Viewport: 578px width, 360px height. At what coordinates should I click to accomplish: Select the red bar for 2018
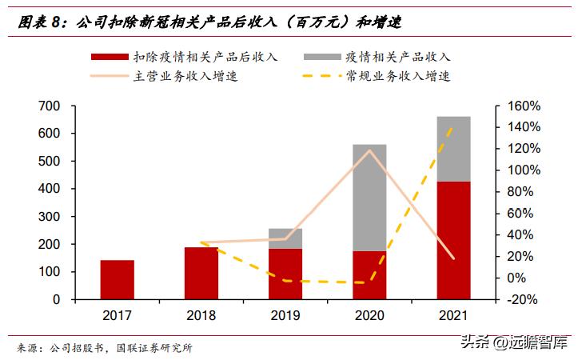(x=201, y=273)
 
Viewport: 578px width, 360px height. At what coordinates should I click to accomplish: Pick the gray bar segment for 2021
(x=453, y=149)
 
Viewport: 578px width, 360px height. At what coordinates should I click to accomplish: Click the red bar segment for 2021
(x=453, y=240)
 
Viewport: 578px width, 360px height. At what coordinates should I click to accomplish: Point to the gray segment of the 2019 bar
(x=285, y=238)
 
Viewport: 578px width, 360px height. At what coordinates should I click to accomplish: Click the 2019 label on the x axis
(x=285, y=316)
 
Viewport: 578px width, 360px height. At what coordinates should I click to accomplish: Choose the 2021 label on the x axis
(x=453, y=316)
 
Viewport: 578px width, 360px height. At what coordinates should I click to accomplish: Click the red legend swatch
(x=109, y=57)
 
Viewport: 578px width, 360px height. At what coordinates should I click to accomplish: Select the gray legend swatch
(x=322, y=57)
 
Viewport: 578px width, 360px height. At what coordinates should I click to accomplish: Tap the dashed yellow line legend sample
(x=322, y=77)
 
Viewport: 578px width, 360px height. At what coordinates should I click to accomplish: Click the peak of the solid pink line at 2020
(x=369, y=150)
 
